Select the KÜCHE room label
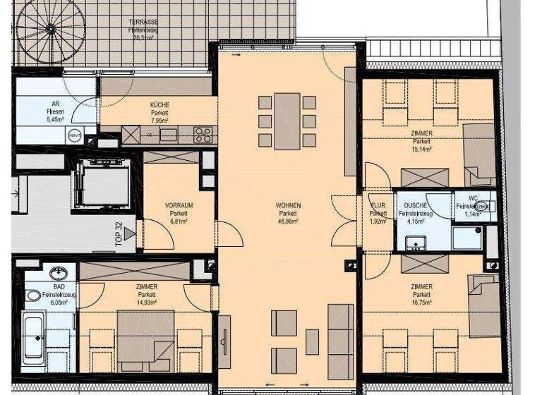click(159, 105)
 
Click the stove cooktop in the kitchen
click(203, 134)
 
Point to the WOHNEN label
click(287, 205)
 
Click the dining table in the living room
click(287, 121)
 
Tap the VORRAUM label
click(179, 205)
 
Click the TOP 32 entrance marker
click(120, 232)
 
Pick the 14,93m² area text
click(146, 303)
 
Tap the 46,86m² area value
click(287, 221)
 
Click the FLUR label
click(378, 205)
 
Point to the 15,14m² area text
click(421, 149)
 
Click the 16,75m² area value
click(421, 303)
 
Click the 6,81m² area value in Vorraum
click(179, 221)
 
